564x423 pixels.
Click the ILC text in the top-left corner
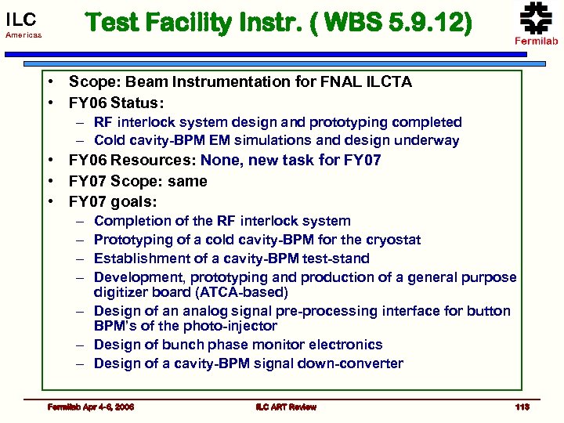click(21, 17)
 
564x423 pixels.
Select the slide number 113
click(522, 407)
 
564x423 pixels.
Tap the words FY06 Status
click(115, 102)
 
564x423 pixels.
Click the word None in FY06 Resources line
click(220, 161)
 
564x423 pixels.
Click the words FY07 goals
click(111, 201)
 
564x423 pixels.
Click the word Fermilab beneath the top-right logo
click(536, 41)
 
